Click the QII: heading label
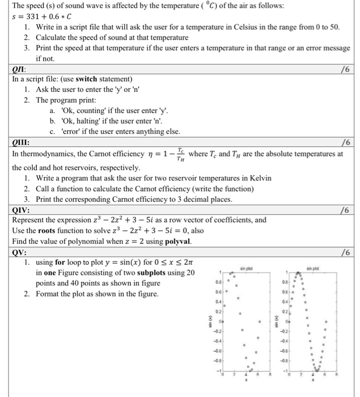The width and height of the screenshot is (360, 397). point(20,69)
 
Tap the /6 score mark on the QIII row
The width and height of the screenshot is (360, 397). point(345,142)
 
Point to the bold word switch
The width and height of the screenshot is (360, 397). point(88,79)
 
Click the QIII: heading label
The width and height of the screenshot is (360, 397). point(22,142)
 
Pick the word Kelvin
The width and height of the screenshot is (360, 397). point(259,178)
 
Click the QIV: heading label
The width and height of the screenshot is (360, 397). point(22,209)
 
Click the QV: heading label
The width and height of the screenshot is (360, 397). point(20,251)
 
